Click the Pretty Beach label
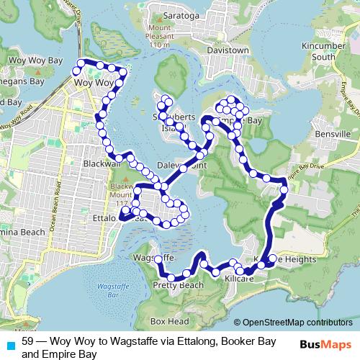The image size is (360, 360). pos(178,286)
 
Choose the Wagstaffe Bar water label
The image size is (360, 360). pos(107,290)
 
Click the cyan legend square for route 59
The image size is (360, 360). pos(9,345)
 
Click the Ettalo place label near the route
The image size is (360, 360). pos(104,216)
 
